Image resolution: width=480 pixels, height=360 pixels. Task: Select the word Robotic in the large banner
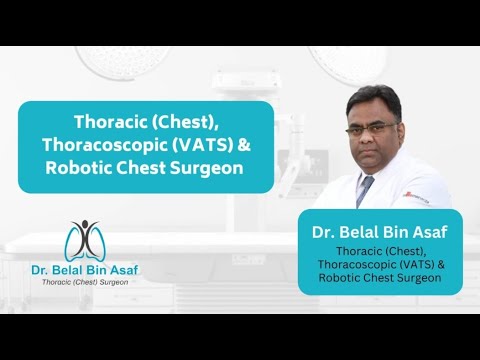coord(79,168)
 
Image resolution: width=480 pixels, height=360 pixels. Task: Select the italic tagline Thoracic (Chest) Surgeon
coord(85,282)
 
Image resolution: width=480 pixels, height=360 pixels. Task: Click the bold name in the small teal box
coord(380,232)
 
